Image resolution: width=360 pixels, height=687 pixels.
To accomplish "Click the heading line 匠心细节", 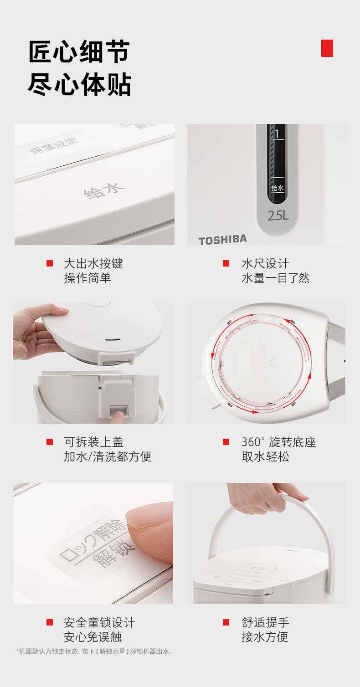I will click(79, 51).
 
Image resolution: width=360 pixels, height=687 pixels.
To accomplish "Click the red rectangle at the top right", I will click(327, 48).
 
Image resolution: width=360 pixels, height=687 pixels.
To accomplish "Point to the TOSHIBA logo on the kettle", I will click(222, 240).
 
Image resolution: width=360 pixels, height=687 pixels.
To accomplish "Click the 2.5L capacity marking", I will click(278, 215).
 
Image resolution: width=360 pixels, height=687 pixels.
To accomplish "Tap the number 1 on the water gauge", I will click(277, 134).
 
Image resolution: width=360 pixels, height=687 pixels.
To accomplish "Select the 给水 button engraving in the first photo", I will click(103, 191).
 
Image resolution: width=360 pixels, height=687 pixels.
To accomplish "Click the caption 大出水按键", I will click(93, 263).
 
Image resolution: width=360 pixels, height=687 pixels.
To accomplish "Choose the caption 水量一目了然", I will click(275, 278).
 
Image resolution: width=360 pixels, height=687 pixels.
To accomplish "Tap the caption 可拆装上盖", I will click(93, 442).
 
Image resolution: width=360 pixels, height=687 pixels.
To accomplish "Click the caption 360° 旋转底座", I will click(278, 442).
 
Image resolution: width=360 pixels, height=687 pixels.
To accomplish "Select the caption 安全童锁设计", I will click(99, 622).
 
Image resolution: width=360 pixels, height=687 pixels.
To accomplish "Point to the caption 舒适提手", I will click(265, 622).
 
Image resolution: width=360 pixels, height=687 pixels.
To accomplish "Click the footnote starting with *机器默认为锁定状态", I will click(95, 651).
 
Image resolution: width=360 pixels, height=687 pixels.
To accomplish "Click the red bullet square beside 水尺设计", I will click(226, 263).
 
